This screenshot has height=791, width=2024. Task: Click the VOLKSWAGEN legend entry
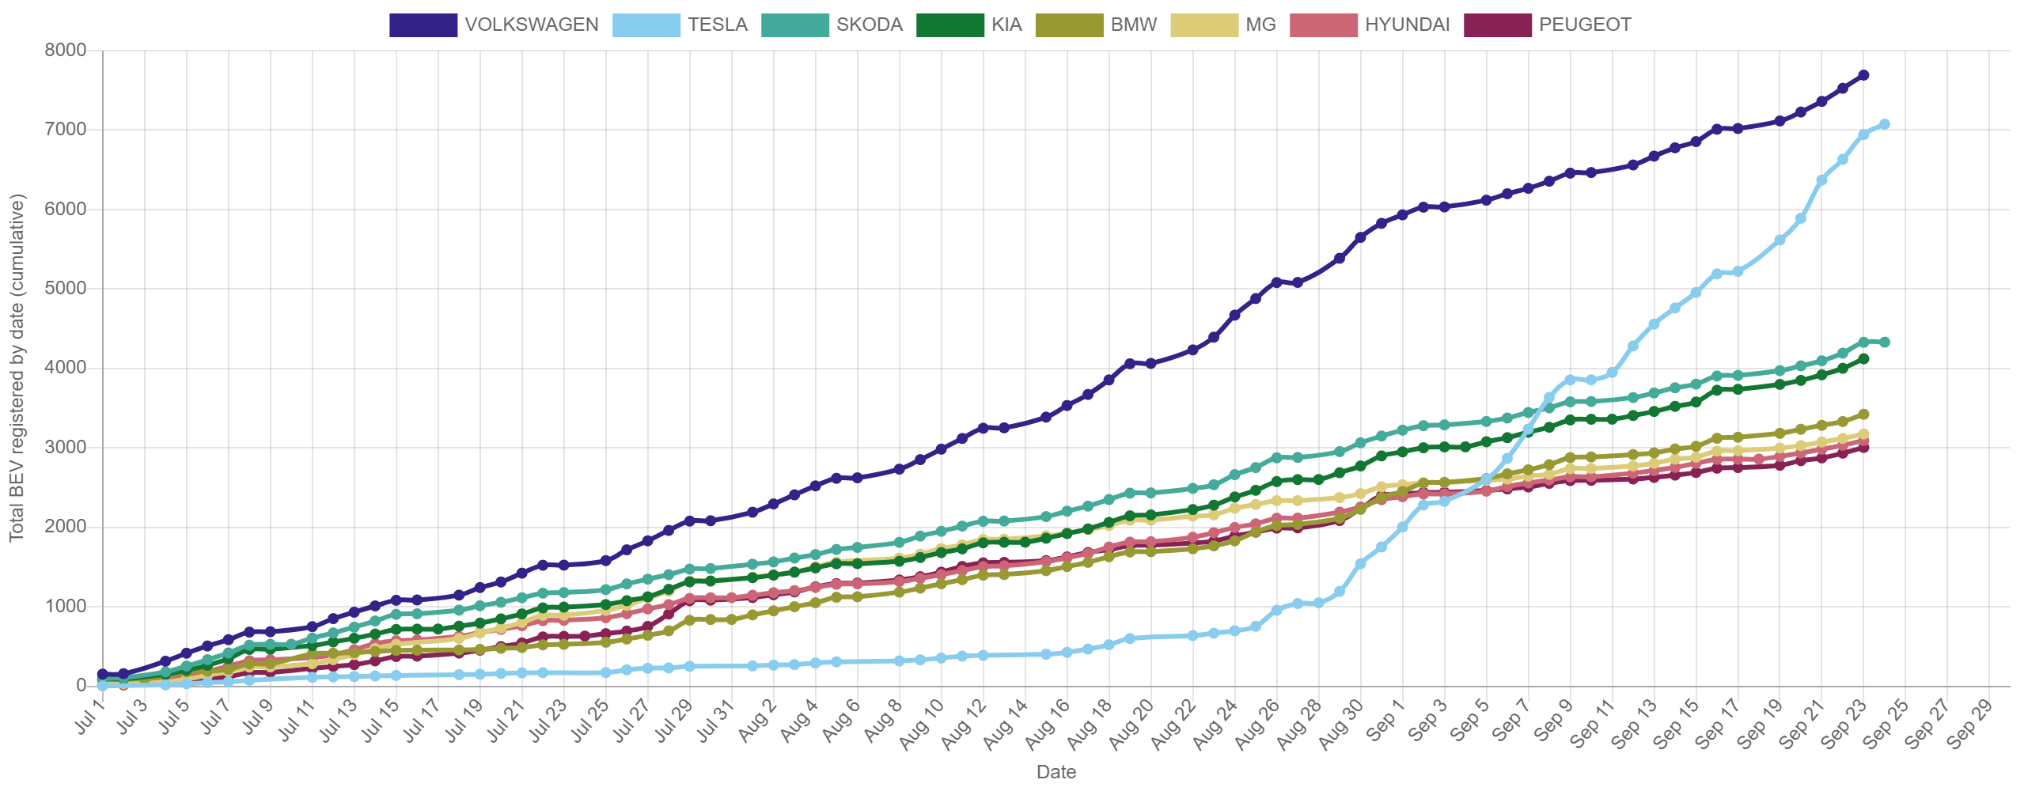pyautogui.click(x=494, y=25)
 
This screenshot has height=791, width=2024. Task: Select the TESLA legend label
pyautogui.click(x=717, y=25)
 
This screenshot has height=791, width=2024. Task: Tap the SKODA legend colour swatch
pyautogui.click(x=795, y=25)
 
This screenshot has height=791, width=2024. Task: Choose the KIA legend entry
pyautogui.click(x=968, y=25)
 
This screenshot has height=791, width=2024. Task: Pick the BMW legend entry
pyautogui.click(x=1096, y=25)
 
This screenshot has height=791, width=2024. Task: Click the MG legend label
pyautogui.click(x=1260, y=25)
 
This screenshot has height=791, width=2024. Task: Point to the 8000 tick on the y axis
pyautogui.click(x=66, y=50)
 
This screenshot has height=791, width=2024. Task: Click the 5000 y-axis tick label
pyautogui.click(x=66, y=288)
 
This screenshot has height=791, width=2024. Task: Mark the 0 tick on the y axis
pyautogui.click(x=81, y=685)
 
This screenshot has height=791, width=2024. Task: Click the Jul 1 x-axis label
pyautogui.click(x=91, y=718)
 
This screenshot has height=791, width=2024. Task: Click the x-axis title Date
pyautogui.click(x=1056, y=772)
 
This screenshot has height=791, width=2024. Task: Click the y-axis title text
pyautogui.click(x=17, y=368)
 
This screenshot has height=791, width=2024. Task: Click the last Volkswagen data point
pyautogui.click(x=1863, y=75)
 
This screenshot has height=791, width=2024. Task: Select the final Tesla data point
pyautogui.click(x=1884, y=124)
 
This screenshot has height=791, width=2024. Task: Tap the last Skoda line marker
pyautogui.click(x=1884, y=342)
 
